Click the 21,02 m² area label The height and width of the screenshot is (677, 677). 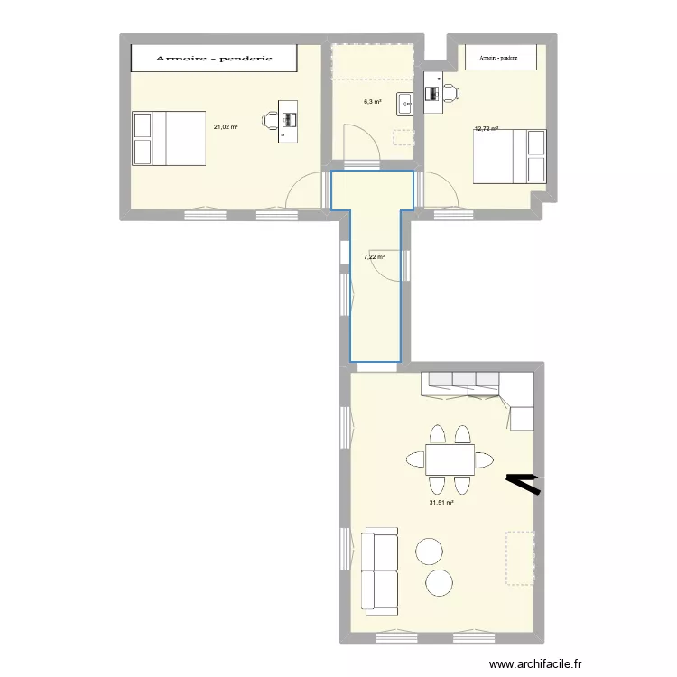click(226, 127)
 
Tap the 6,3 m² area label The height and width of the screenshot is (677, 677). click(372, 102)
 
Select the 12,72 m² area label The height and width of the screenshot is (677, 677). click(487, 129)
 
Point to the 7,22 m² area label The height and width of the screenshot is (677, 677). click(374, 257)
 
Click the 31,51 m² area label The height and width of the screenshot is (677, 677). click(441, 503)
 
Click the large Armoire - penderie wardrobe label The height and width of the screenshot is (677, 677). click(214, 59)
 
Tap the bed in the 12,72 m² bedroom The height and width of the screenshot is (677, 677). click(510, 156)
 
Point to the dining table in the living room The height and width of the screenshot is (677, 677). click(450, 459)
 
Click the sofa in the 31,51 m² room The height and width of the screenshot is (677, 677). click(379, 570)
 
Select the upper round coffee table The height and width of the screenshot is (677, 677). click(429, 551)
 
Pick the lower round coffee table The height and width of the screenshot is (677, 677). click(440, 583)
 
